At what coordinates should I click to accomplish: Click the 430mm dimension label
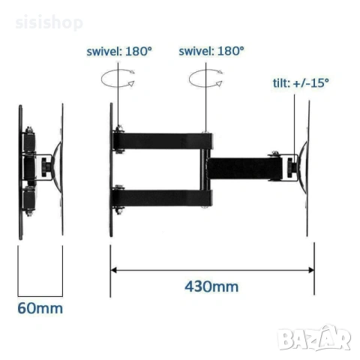[x=211, y=286]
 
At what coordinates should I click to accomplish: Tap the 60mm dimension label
[x=40, y=308]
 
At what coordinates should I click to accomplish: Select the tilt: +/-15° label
[x=301, y=82]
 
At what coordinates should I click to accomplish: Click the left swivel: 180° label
[x=119, y=51]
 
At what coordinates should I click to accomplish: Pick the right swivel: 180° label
[x=211, y=51]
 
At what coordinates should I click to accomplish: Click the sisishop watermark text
[x=49, y=22]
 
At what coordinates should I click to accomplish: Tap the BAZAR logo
[x=315, y=338]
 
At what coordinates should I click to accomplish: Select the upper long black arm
[x=163, y=141]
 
